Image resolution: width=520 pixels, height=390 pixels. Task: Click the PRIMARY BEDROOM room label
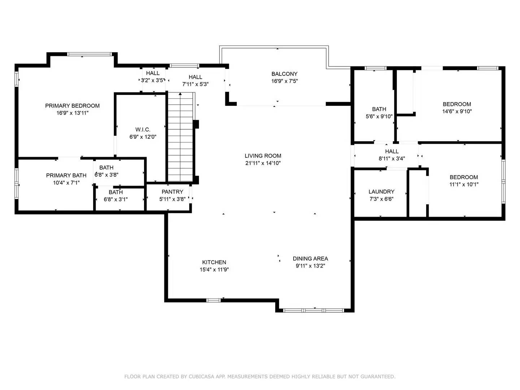coord(72,106)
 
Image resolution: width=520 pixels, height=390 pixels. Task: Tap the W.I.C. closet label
coord(143,130)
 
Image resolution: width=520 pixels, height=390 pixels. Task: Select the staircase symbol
coord(181,137)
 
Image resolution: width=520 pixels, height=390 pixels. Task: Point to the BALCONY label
coord(284,74)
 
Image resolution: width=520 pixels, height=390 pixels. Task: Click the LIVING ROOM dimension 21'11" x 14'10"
coord(263,163)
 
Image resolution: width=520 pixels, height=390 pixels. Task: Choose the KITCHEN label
coord(214,263)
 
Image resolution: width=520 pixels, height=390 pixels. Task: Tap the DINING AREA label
coord(310,259)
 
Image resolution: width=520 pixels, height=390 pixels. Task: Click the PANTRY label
coord(172,192)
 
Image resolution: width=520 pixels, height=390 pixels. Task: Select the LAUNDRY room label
coord(381,192)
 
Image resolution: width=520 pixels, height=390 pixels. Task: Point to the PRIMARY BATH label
coord(66,175)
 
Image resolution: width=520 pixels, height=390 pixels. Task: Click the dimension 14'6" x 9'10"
coord(457,112)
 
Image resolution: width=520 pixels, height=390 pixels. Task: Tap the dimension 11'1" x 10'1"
coord(464,185)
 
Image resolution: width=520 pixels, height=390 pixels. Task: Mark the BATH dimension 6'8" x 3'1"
coord(116,199)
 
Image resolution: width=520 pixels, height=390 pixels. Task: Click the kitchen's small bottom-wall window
coord(213,300)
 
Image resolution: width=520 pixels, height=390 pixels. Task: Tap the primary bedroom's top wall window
coord(90,54)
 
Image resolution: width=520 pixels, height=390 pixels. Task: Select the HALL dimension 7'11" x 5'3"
coord(195,84)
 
